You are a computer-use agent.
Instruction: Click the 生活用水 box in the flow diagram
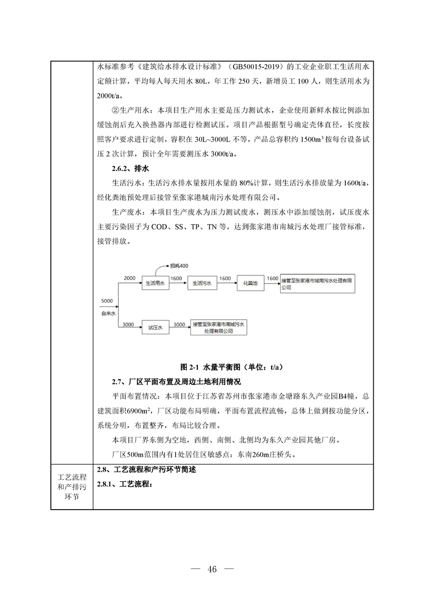tap(155, 284)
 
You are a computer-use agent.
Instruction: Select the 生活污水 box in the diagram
tap(203, 284)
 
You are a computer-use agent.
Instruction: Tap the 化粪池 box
tap(251, 284)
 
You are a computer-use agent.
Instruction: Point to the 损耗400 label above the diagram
tap(179, 266)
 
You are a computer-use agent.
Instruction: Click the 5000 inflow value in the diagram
tap(107, 301)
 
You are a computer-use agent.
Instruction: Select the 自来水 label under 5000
tap(107, 311)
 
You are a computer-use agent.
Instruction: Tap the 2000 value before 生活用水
tap(130, 279)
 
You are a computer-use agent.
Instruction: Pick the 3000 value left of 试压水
tap(128, 324)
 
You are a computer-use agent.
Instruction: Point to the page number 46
tap(212, 568)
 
